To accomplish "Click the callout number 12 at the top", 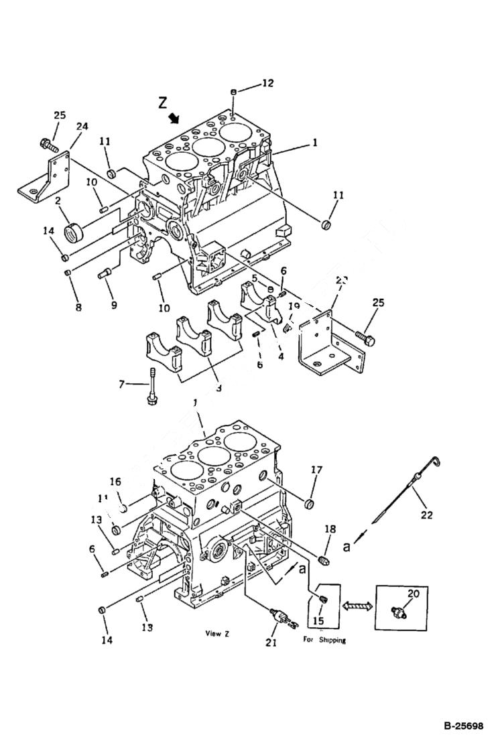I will click(x=267, y=83).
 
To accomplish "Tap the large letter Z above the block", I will click(x=162, y=103).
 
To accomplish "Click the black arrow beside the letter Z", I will click(x=175, y=119).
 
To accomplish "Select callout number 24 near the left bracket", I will click(x=82, y=125).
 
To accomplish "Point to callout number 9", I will click(x=114, y=304).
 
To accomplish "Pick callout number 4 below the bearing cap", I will click(x=281, y=356).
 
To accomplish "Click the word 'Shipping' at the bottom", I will click(x=333, y=640).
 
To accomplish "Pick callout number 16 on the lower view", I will click(x=115, y=481).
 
